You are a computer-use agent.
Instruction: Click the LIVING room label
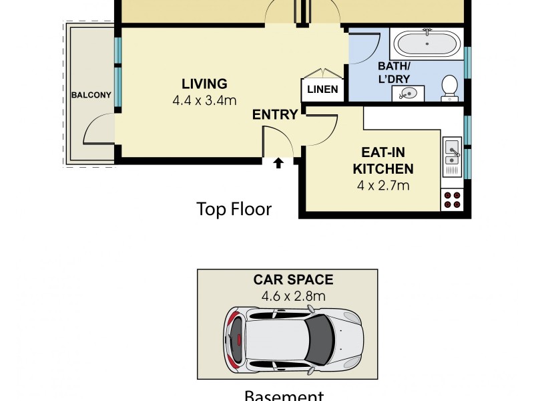click(204, 84)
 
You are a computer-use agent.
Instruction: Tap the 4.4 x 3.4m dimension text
click(204, 101)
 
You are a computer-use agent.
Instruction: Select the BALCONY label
click(91, 95)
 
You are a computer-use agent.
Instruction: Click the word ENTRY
click(274, 115)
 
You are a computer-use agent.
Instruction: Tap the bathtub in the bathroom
click(427, 44)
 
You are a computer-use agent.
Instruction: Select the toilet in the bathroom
click(450, 88)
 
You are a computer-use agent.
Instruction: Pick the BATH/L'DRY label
click(394, 72)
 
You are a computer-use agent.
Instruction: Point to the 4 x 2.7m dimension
click(382, 185)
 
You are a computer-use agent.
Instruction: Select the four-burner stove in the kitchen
click(452, 199)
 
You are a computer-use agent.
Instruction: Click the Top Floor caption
click(234, 209)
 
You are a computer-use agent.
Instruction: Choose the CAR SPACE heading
click(292, 280)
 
